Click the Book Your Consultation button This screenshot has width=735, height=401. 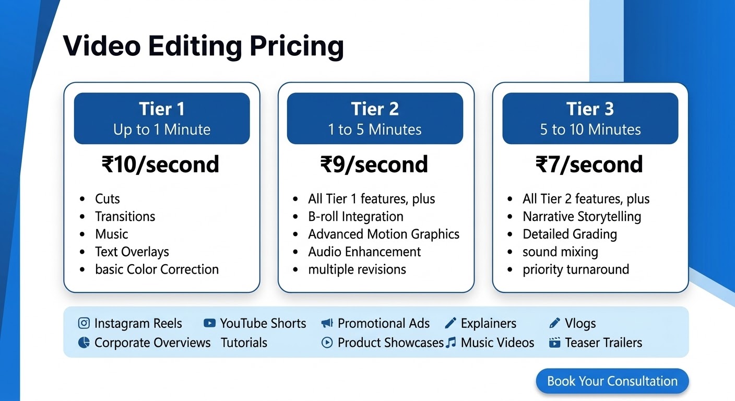coord(612,381)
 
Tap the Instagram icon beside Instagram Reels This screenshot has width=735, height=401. coord(84,323)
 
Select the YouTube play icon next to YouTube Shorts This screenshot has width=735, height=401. coord(210,323)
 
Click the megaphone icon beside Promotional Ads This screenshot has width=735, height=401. coord(327,323)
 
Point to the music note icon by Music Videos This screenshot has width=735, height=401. coord(451,343)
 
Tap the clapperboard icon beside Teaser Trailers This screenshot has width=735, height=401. coord(554,343)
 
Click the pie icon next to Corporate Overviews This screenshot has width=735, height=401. coord(84,343)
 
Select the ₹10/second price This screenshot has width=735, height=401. coord(160,164)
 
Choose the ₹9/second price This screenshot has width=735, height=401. coord(374,164)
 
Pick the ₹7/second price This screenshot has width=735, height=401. coord(589,164)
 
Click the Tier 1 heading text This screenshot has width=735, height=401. coord(162,109)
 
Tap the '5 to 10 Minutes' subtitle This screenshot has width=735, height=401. coord(590,129)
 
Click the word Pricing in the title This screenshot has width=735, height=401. coord(297,47)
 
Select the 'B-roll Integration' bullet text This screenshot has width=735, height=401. coord(355,217)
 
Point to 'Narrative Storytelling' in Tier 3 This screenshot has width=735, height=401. coord(582,217)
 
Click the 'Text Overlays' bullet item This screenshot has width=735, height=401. coord(132,252)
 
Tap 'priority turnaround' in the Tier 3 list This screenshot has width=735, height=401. coord(576,270)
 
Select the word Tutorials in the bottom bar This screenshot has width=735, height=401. coord(244,343)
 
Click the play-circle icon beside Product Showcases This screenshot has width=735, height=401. coord(327,343)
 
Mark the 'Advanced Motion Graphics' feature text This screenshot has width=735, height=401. coord(384,234)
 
